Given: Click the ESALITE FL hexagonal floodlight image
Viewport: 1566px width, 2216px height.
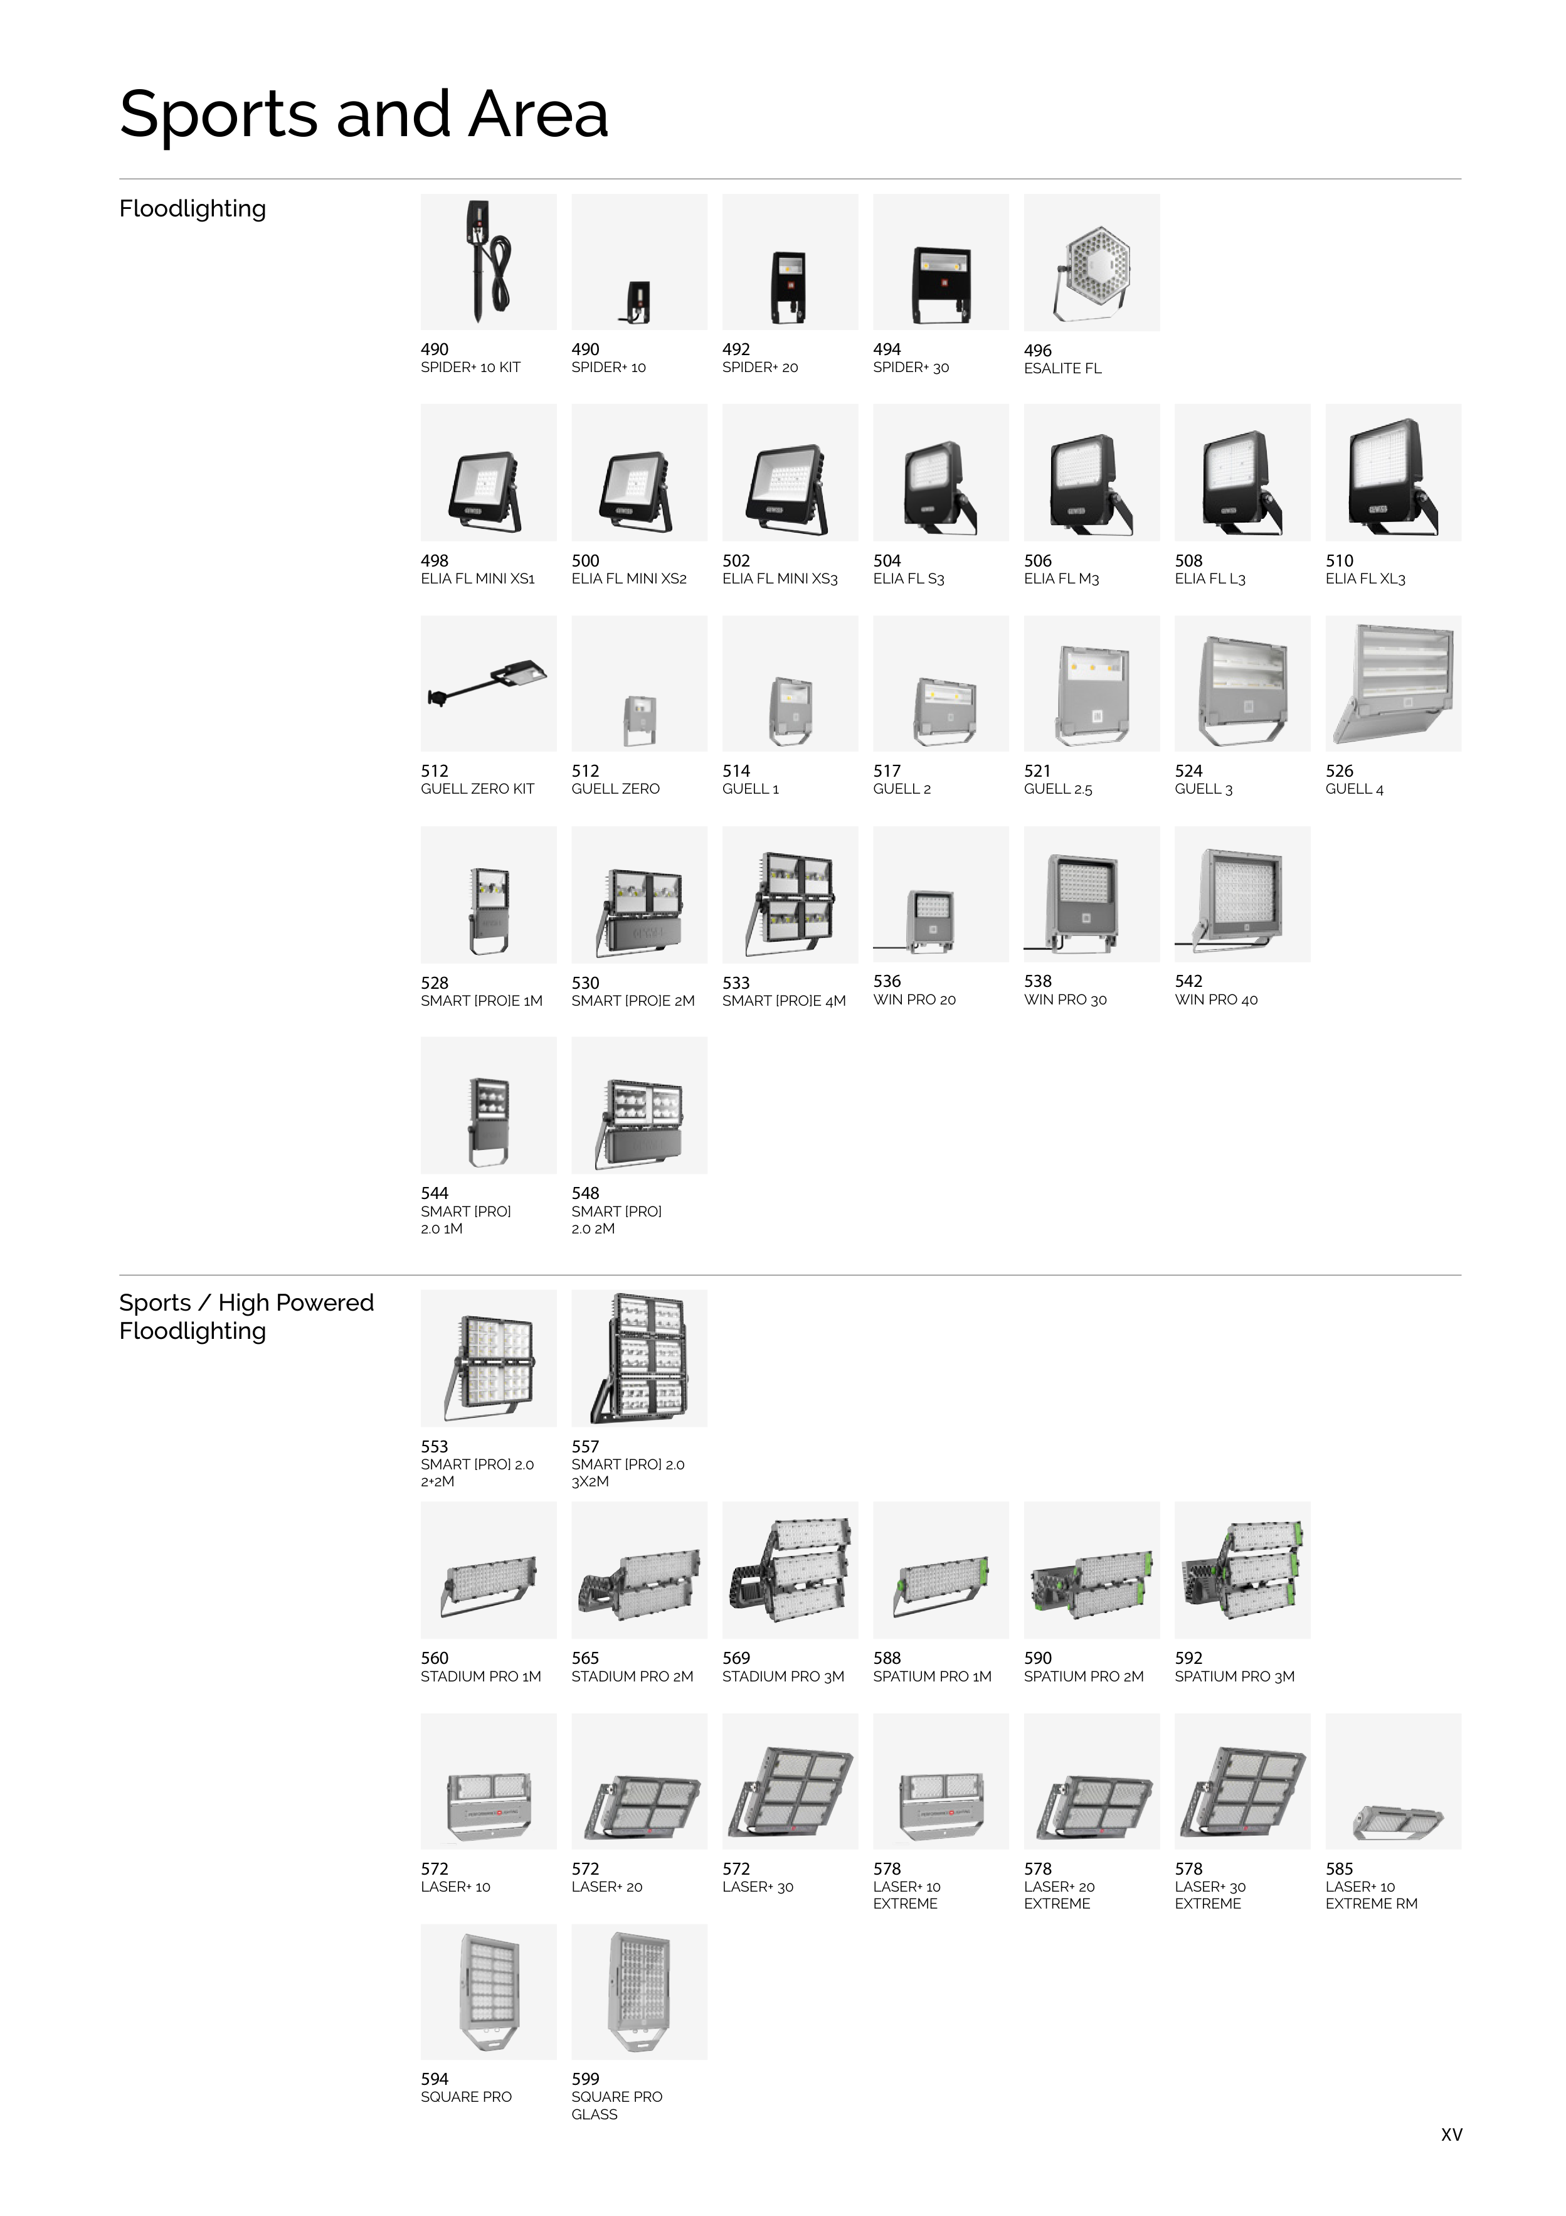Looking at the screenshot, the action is [x=1091, y=262].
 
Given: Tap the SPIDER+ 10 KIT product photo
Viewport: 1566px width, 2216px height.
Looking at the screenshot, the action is [x=488, y=262].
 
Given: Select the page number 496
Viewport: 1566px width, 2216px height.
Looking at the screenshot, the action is [x=1037, y=350].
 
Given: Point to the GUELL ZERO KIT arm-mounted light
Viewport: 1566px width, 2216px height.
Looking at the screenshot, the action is [x=488, y=683].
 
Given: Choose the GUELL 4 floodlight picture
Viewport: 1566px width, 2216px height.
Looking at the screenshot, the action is [x=1394, y=683].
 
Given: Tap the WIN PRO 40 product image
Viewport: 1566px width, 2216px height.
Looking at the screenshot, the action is [x=1242, y=893].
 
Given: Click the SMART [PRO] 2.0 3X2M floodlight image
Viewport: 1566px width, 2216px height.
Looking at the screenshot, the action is [x=638, y=1358].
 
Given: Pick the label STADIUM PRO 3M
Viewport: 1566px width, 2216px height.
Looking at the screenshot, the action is [x=783, y=1676].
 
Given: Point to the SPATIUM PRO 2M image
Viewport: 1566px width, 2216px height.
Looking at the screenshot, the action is [x=1091, y=1569].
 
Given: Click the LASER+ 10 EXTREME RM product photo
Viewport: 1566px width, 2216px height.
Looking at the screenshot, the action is [x=1394, y=1781].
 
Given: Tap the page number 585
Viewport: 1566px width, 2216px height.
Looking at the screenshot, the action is [x=1339, y=1868].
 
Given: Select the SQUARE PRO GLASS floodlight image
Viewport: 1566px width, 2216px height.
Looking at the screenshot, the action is [x=638, y=1992].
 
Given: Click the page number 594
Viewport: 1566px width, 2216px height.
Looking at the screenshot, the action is [x=434, y=2079].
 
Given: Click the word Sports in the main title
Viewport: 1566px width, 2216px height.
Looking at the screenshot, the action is [x=218, y=115].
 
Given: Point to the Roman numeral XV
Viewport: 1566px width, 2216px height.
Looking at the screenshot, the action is [x=1451, y=2135].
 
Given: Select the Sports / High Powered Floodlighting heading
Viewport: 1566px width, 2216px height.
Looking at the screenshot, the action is [x=246, y=1316].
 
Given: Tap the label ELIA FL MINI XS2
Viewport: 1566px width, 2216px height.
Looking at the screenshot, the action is [x=628, y=579].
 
